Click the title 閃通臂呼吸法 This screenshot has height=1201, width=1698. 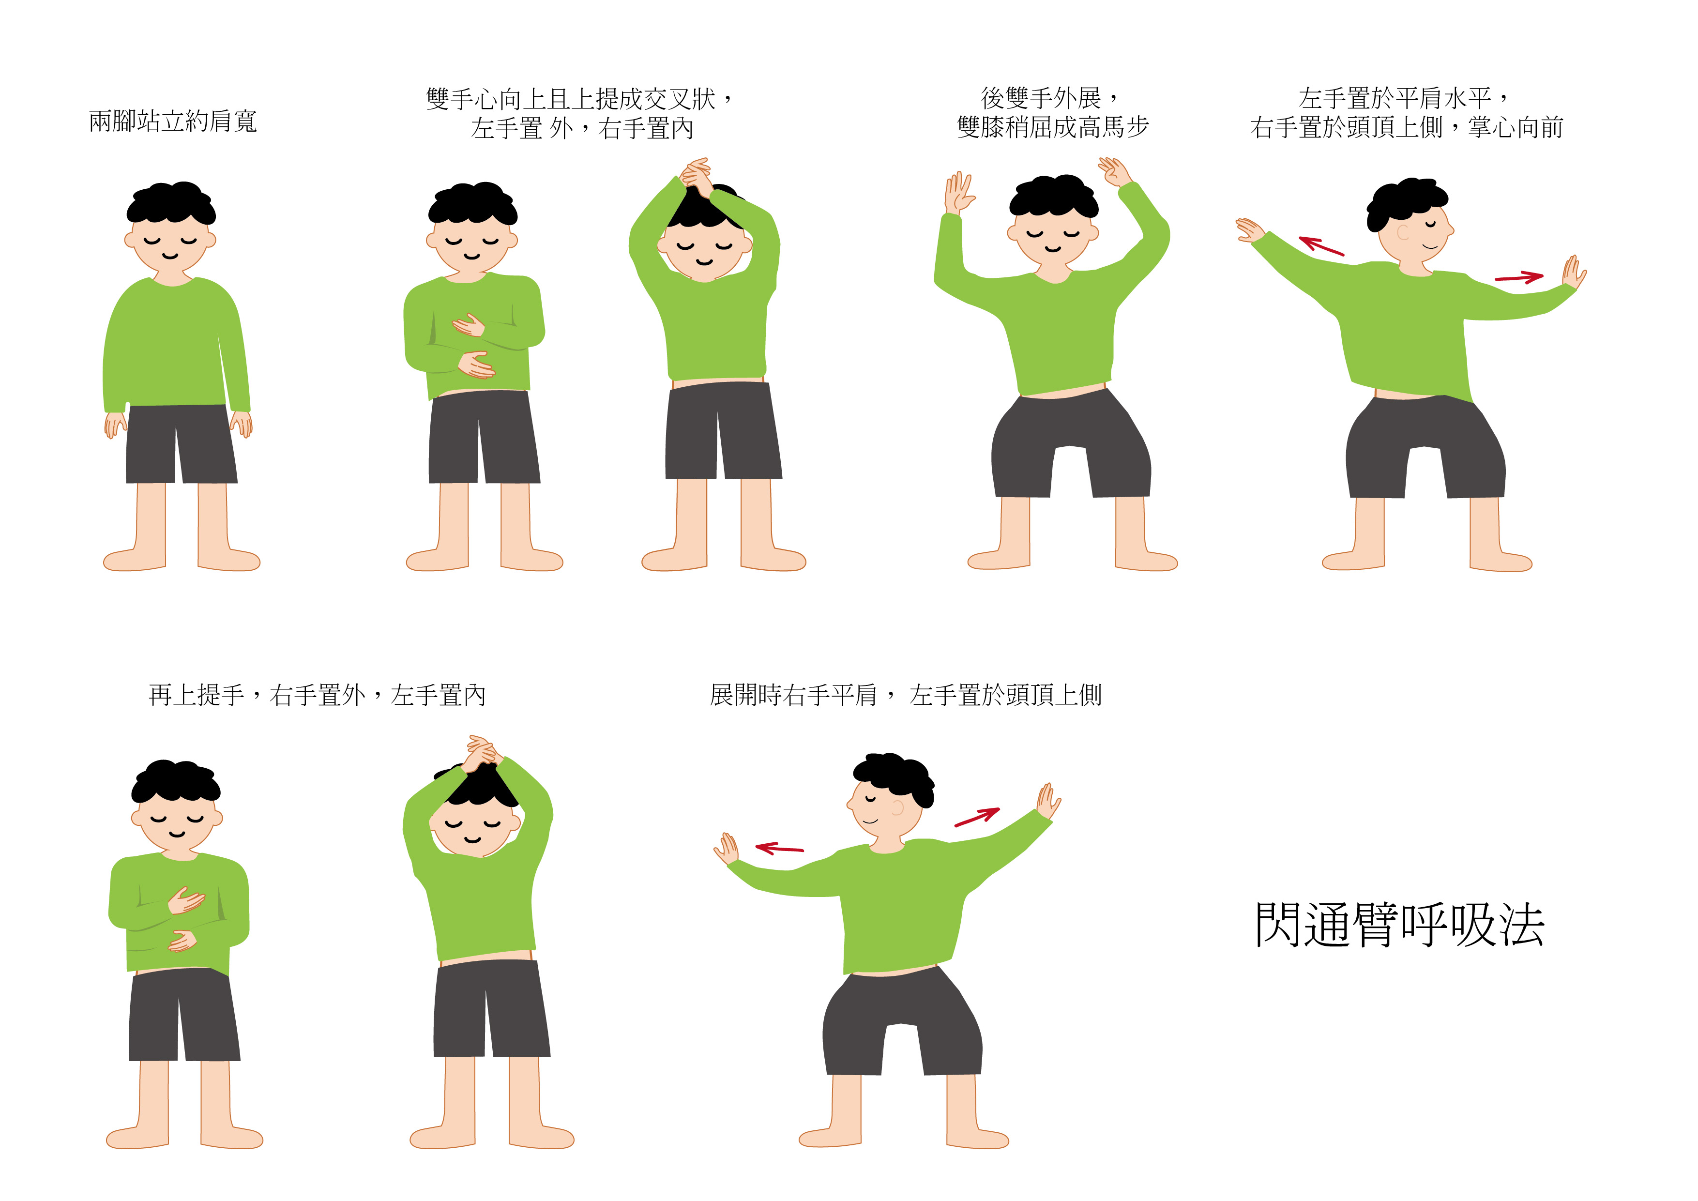coord(1399,925)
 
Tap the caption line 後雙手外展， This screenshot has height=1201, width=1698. coord(1050,98)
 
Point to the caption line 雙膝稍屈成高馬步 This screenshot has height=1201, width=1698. coord(1053,127)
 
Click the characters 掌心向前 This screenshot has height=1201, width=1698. coord(1516,127)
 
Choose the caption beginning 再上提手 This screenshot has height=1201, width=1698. coord(317,695)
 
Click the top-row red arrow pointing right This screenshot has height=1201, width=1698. coord(1519,278)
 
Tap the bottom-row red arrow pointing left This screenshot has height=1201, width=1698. coord(779,848)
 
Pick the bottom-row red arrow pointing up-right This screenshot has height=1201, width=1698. coord(977,817)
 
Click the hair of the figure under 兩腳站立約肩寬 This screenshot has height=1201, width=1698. coord(171,202)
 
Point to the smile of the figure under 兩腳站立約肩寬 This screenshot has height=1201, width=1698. coord(170,257)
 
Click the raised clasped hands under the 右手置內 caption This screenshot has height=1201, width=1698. coord(697,175)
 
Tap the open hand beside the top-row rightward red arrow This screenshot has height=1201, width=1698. coord(1574,272)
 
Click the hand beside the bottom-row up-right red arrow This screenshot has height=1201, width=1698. coord(1048,802)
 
